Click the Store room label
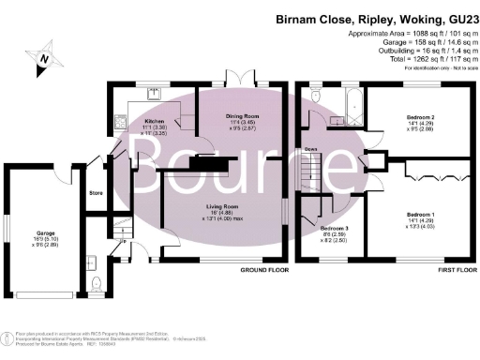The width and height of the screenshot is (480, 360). tap(95, 194)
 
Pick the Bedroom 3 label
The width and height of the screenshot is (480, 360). tap(335, 229)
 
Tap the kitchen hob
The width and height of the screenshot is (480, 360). tap(120, 121)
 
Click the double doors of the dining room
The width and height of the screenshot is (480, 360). tap(238, 78)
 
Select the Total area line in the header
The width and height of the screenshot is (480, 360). tap(434, 60)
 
